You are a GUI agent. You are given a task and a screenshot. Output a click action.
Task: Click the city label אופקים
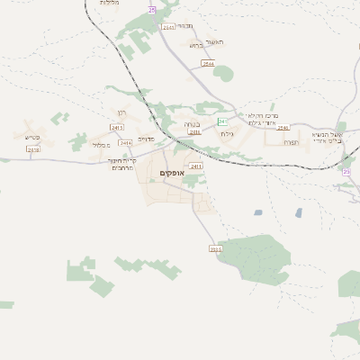pos(170,173)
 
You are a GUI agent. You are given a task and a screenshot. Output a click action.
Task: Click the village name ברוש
pos(195,44)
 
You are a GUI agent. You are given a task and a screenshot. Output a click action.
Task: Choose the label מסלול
pos(102,144)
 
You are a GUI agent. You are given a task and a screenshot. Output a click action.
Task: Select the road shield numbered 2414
pos(125,142)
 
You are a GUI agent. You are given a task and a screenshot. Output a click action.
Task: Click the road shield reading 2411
pos(196,166)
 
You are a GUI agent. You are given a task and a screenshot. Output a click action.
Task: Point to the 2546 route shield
pos(209,64)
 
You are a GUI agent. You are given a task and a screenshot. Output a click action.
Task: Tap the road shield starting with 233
pos(214,248)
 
